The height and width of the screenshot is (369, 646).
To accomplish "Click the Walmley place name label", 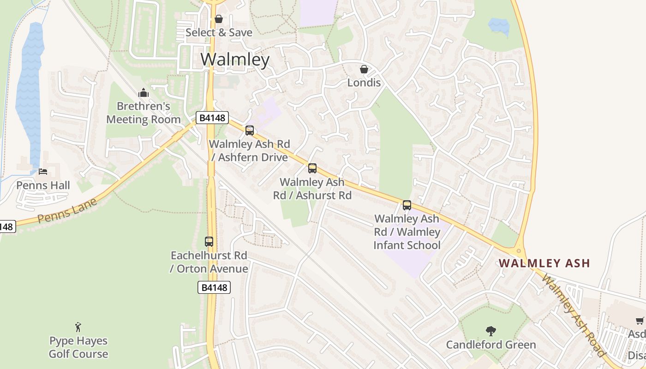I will (235, 60).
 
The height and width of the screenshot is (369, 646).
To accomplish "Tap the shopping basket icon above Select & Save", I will (219, 19).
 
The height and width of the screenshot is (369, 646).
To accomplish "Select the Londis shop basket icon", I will (364, 69).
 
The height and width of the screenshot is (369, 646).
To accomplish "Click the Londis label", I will (364, 83).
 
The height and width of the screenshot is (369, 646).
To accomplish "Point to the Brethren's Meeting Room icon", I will (144, 93).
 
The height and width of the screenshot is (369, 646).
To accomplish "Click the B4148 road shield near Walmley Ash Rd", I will (212, 118).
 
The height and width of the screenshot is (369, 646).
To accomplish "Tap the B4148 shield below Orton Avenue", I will (214, 287).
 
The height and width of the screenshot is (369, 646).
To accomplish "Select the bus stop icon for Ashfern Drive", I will (250, 131).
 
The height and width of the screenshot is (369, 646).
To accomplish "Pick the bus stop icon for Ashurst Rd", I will (312, 168).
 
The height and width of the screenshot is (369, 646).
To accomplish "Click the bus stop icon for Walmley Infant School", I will (407, 205).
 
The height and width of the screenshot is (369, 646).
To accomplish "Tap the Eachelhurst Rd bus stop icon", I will (209, 242).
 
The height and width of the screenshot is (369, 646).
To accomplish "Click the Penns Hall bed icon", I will (43, 172).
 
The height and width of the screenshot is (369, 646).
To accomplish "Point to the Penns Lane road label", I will (68, 210).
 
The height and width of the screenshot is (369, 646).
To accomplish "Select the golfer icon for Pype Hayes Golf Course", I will (78, 327).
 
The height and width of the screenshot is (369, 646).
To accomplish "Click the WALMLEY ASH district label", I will (544, 263).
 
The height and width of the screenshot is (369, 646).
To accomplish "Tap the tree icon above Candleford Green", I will (491, 331).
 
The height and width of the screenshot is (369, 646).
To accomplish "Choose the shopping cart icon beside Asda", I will (640, 321).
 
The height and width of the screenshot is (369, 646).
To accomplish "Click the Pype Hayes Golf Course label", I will (78, 347).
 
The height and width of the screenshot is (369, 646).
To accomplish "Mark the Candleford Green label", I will (491, 345).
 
